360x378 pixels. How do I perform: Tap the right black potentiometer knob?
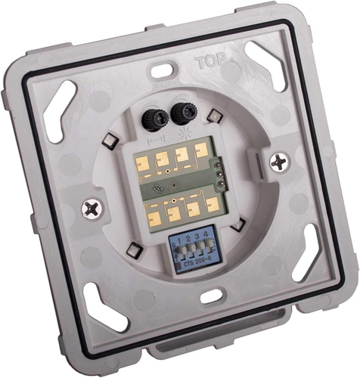[x=181, y=114]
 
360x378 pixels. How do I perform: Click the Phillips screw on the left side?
[x=92, y=207]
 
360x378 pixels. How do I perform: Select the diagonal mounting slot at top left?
[x=57, y=110]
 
